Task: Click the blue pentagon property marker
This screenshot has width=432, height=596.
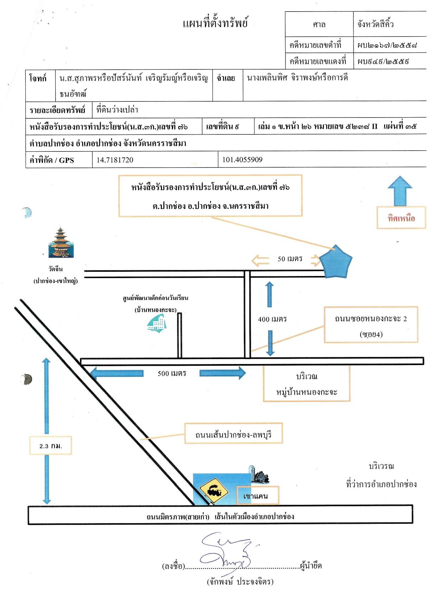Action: (336, 262)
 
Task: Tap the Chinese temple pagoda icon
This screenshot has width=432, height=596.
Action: (61, 243)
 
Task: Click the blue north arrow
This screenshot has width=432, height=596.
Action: (400, 191)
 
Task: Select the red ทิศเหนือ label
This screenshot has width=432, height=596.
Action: (401, 219)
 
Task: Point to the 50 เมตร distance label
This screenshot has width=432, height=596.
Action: (290, 259)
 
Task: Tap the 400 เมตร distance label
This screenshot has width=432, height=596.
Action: (272, 319)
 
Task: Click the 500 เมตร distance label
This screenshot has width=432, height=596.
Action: (172, 374)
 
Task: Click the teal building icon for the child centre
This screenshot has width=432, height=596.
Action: (157, 323)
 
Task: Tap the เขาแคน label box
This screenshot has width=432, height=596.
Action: (258, 496)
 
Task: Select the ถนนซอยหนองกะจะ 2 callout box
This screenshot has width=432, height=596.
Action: (371, 325)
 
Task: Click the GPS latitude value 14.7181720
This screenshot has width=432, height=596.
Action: (115, 160)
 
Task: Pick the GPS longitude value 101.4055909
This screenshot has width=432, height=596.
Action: (242, 159)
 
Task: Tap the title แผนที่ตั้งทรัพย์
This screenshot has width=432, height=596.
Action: (215, 23)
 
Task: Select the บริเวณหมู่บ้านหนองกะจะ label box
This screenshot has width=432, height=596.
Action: (307, 384)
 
